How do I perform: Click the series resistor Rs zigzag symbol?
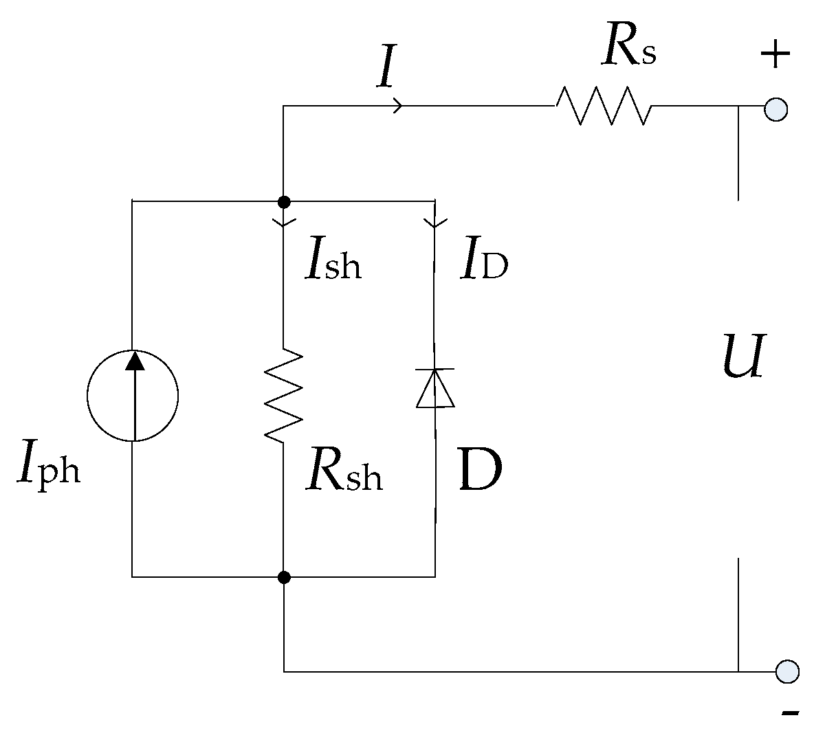(x=603, y=106)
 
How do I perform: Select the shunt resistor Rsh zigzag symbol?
(x=283, y=395)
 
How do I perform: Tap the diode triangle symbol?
(x=435, y=388)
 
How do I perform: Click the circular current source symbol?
(x=133, y=396)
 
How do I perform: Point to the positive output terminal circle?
(x=775, y=110)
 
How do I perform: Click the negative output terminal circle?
(x=787, y=671)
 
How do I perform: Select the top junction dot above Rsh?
(x=283, y=202)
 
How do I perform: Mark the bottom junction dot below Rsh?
(x=283, y=577)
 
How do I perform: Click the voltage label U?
(x=743, y=357)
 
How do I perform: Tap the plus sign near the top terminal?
(x=775, y=54)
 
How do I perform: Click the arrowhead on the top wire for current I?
(x=398, y=106)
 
